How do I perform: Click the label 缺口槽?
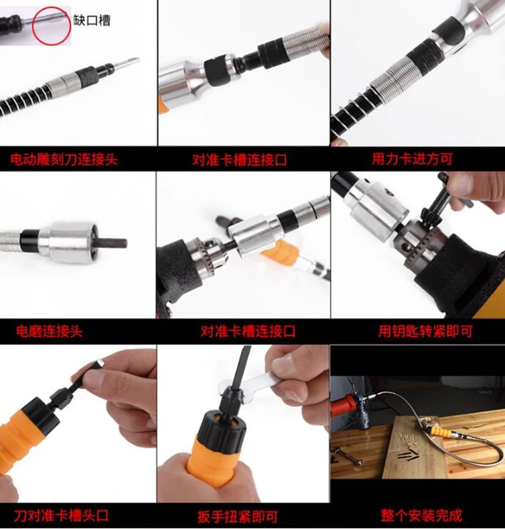point(92,21)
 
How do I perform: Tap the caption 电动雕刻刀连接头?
point(64,159)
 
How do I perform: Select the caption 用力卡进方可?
point(412,159)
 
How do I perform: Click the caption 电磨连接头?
point(50,332)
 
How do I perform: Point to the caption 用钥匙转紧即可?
point(425,332)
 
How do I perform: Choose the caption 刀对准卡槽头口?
point(61,516)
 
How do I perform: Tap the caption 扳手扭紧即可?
point(238,516)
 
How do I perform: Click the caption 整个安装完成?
point(422,516)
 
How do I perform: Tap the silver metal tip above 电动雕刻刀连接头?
point(127,63)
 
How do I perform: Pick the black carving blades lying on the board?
point(409,455)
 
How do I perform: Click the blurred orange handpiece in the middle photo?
point(280,251)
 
